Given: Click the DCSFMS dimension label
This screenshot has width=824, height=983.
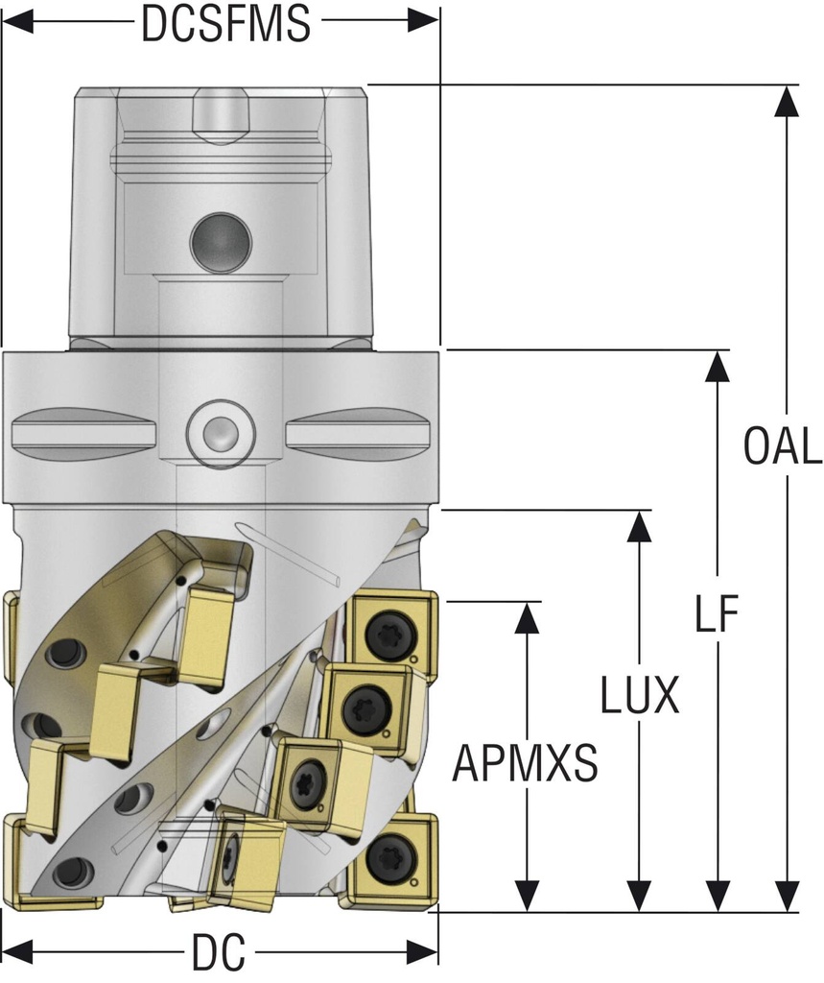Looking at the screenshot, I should point(225,23).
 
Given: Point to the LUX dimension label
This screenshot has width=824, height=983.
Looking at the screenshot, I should point(640,696).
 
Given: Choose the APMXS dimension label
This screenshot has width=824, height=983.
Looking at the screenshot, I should point(526,765).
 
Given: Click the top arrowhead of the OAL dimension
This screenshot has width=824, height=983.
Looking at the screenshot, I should point(786,101).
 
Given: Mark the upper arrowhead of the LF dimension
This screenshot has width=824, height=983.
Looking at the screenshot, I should point(716,367).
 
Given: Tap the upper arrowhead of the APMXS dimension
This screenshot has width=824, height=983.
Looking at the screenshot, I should point(527,618).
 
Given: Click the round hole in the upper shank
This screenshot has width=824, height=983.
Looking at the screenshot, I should point(218,240).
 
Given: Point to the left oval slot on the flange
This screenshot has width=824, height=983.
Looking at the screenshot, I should point(82,434).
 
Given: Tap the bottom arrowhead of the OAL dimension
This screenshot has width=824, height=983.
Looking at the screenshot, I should point(786,896).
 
